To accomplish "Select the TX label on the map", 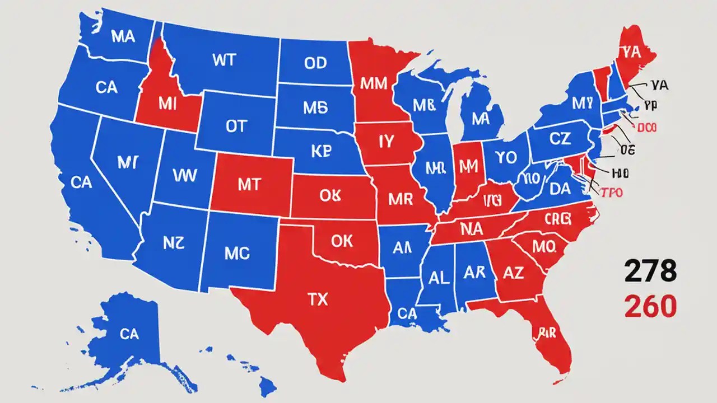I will coord(317,299).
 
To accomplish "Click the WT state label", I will coord(225,60).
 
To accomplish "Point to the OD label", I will coord(315,63).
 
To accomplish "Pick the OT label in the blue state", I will coord(236,126).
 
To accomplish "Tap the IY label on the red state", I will coord(387,142).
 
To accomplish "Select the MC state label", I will coord(236,254).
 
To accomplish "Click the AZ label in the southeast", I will coord(513,274).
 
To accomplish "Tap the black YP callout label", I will coord(650,105).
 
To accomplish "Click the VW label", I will coord(184,176).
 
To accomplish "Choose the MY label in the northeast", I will coord(582,102).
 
